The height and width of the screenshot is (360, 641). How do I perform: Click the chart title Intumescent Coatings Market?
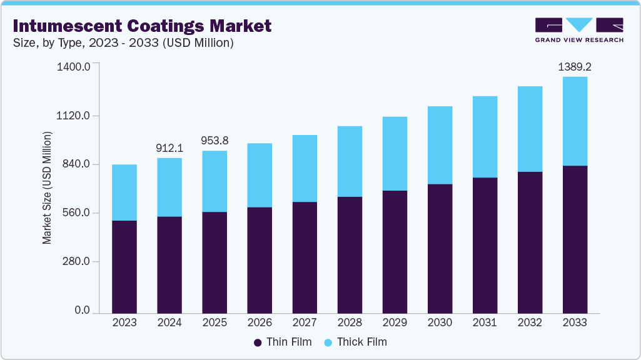coord(142,26)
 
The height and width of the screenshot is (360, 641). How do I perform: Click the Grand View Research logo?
coord(578,29)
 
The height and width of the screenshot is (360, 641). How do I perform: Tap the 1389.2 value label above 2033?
coord(575,66)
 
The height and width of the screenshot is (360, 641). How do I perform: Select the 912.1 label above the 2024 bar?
coord(169,148)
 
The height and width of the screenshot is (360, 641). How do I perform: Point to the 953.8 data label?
coord(215,141)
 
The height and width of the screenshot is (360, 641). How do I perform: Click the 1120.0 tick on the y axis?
coord(74,116)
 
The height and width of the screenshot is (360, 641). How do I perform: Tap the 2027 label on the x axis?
coord(305,323)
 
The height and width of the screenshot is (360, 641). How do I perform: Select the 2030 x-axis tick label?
coord(440,323)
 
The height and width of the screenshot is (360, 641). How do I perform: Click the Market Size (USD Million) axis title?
coord(47,187)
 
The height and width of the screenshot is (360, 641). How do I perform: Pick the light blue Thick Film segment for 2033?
coord(575,121)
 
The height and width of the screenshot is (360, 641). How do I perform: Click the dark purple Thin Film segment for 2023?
coord(124,266)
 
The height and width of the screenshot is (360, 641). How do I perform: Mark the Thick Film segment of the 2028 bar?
coord(350,161)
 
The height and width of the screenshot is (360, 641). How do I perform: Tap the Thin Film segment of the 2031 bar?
coord(485,245)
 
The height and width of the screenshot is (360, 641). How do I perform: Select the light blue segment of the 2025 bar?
coord(215,181)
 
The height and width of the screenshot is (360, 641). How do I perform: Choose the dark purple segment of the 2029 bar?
coord(395,251)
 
